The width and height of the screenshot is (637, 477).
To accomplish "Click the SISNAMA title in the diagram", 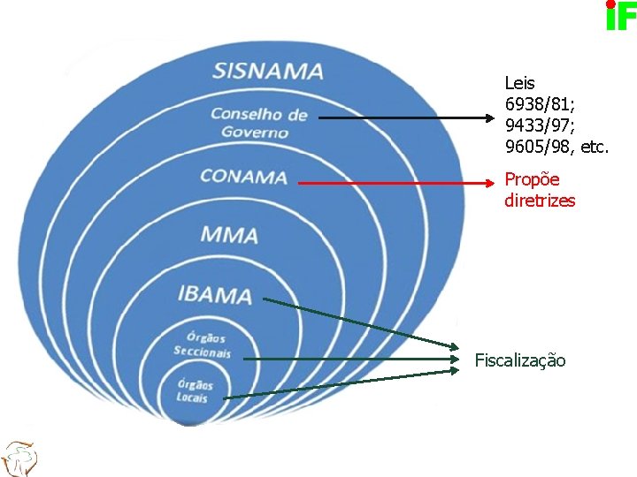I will point(268,70).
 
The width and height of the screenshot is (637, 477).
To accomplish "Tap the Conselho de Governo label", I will point(257,123).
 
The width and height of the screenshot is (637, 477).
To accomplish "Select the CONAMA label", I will point(243,177).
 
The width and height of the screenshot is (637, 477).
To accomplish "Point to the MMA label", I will point(228,235).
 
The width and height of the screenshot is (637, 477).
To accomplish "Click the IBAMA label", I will point(214,294).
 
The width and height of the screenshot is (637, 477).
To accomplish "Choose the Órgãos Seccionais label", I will point(203,344).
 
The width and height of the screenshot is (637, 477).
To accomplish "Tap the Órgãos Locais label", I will point(194,390).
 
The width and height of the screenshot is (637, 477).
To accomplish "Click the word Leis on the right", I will point(519,84).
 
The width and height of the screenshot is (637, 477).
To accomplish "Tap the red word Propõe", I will point(532,180).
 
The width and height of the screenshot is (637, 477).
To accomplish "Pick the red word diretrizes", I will point(540,201).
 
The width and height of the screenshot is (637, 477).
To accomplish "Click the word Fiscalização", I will point(520,360).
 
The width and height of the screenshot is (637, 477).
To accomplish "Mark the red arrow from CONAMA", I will point(398,183).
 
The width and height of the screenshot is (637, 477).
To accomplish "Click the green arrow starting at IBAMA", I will point(363,322).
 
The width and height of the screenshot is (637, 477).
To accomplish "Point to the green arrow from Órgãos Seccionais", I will point(354,360).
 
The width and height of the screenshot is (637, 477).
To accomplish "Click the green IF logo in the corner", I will point(620,16).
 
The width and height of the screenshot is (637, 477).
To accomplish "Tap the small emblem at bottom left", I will point(19,457).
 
